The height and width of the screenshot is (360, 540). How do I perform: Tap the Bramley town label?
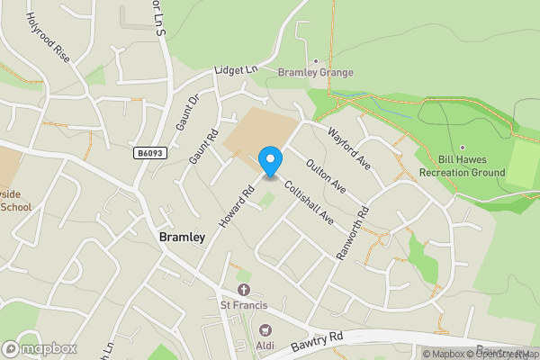coord(182,238)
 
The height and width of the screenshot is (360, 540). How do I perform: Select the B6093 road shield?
coord(150,154)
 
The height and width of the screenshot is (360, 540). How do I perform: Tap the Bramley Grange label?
coord(315,73)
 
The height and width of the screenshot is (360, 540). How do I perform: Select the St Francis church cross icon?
coord(243,290)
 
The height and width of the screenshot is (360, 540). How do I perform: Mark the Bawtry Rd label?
coord(318,342)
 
